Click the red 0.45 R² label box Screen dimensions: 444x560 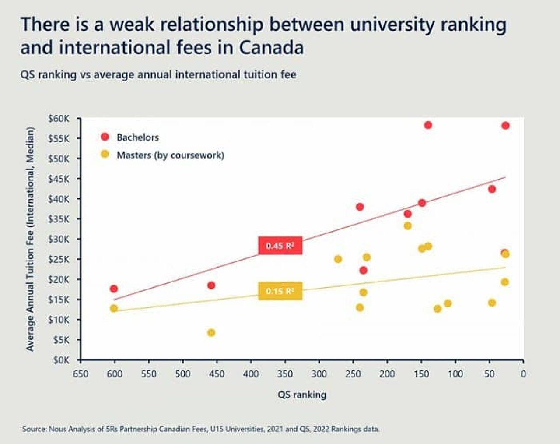click(x=280, y=246)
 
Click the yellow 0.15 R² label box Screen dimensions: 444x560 click(x=280, y=291)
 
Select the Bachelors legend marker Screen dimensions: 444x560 click(x=105, y=137)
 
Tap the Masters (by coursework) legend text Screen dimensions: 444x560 click(x=170, y=155)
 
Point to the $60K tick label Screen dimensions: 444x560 click(x=59, y=119)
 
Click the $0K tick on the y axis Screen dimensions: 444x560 click(x=61, y=360)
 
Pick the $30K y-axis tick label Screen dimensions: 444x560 click(x=59, y=239)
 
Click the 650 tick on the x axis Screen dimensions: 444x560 click(x=80, y=374)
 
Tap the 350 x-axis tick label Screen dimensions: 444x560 click(x=285, y=374)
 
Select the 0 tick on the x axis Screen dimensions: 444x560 click(x=523, y=374)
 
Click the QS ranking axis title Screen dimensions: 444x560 click(x=302, y=395)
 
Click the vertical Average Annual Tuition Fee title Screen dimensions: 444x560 click(x=30, y=239)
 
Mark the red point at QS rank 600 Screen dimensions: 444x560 click(x=114, y=289)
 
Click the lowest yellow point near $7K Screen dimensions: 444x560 click(x=211, y=333)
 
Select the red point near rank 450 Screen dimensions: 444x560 click(x=211, y=285)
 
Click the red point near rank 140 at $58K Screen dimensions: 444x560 click(x=428, y=125)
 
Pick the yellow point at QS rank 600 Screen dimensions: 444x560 click(x=114, y=308)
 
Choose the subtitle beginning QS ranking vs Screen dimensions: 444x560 click(x=158, y=74)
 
